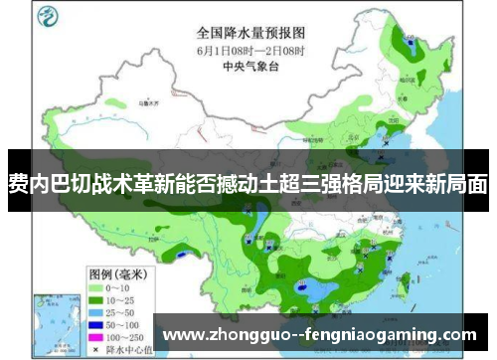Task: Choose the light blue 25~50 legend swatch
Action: pos(98,293)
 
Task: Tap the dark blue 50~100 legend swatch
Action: pos(98,309)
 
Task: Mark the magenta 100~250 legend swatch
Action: pos(98,325)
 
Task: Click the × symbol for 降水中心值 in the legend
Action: pos(98,341)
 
